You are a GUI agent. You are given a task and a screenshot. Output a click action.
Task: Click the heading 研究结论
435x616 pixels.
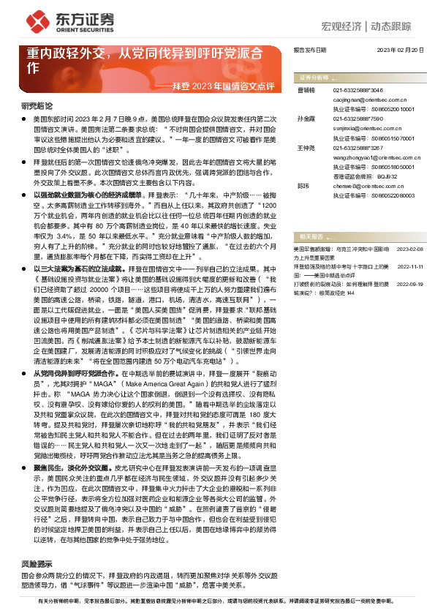point(37,105)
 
